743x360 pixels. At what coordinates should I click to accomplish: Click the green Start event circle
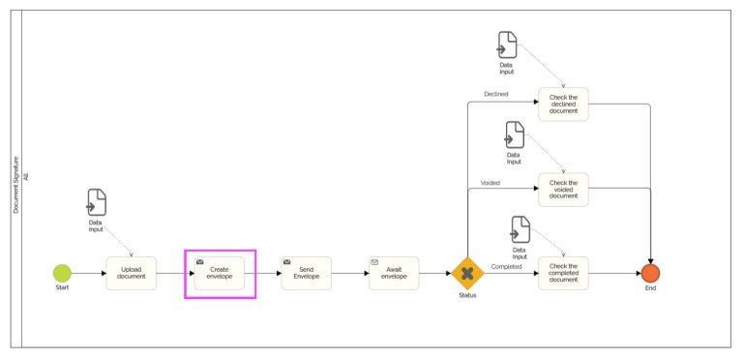[x=62, y=273]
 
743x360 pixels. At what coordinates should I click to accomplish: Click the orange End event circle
[x=650, y=273]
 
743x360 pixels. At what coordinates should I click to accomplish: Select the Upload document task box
[x=131, y=273]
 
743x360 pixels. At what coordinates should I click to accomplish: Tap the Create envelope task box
[x=220, y=273]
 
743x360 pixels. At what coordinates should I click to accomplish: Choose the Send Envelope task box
[x=307, y=273]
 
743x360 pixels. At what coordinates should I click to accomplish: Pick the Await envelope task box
[x=394, y=273]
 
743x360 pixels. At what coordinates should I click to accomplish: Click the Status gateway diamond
[x=467, y=273]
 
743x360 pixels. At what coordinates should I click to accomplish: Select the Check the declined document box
[x=563, y=105]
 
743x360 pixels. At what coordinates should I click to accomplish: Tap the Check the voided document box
[x=563, y=189]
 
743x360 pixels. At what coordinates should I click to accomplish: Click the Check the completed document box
[x=563, y=273]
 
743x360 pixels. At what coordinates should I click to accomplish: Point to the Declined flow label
[x=495, y=95]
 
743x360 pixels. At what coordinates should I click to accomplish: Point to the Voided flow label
[x=490, y=183]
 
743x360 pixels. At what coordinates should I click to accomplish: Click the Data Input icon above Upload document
[x=97, y=203]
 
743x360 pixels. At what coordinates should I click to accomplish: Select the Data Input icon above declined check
[x=507, y=45]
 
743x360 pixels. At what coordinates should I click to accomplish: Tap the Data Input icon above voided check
[x=515, y=135]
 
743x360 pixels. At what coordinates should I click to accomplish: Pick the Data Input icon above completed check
[x=520, y=229]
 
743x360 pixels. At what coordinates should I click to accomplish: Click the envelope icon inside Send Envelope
[x=287, y=261]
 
